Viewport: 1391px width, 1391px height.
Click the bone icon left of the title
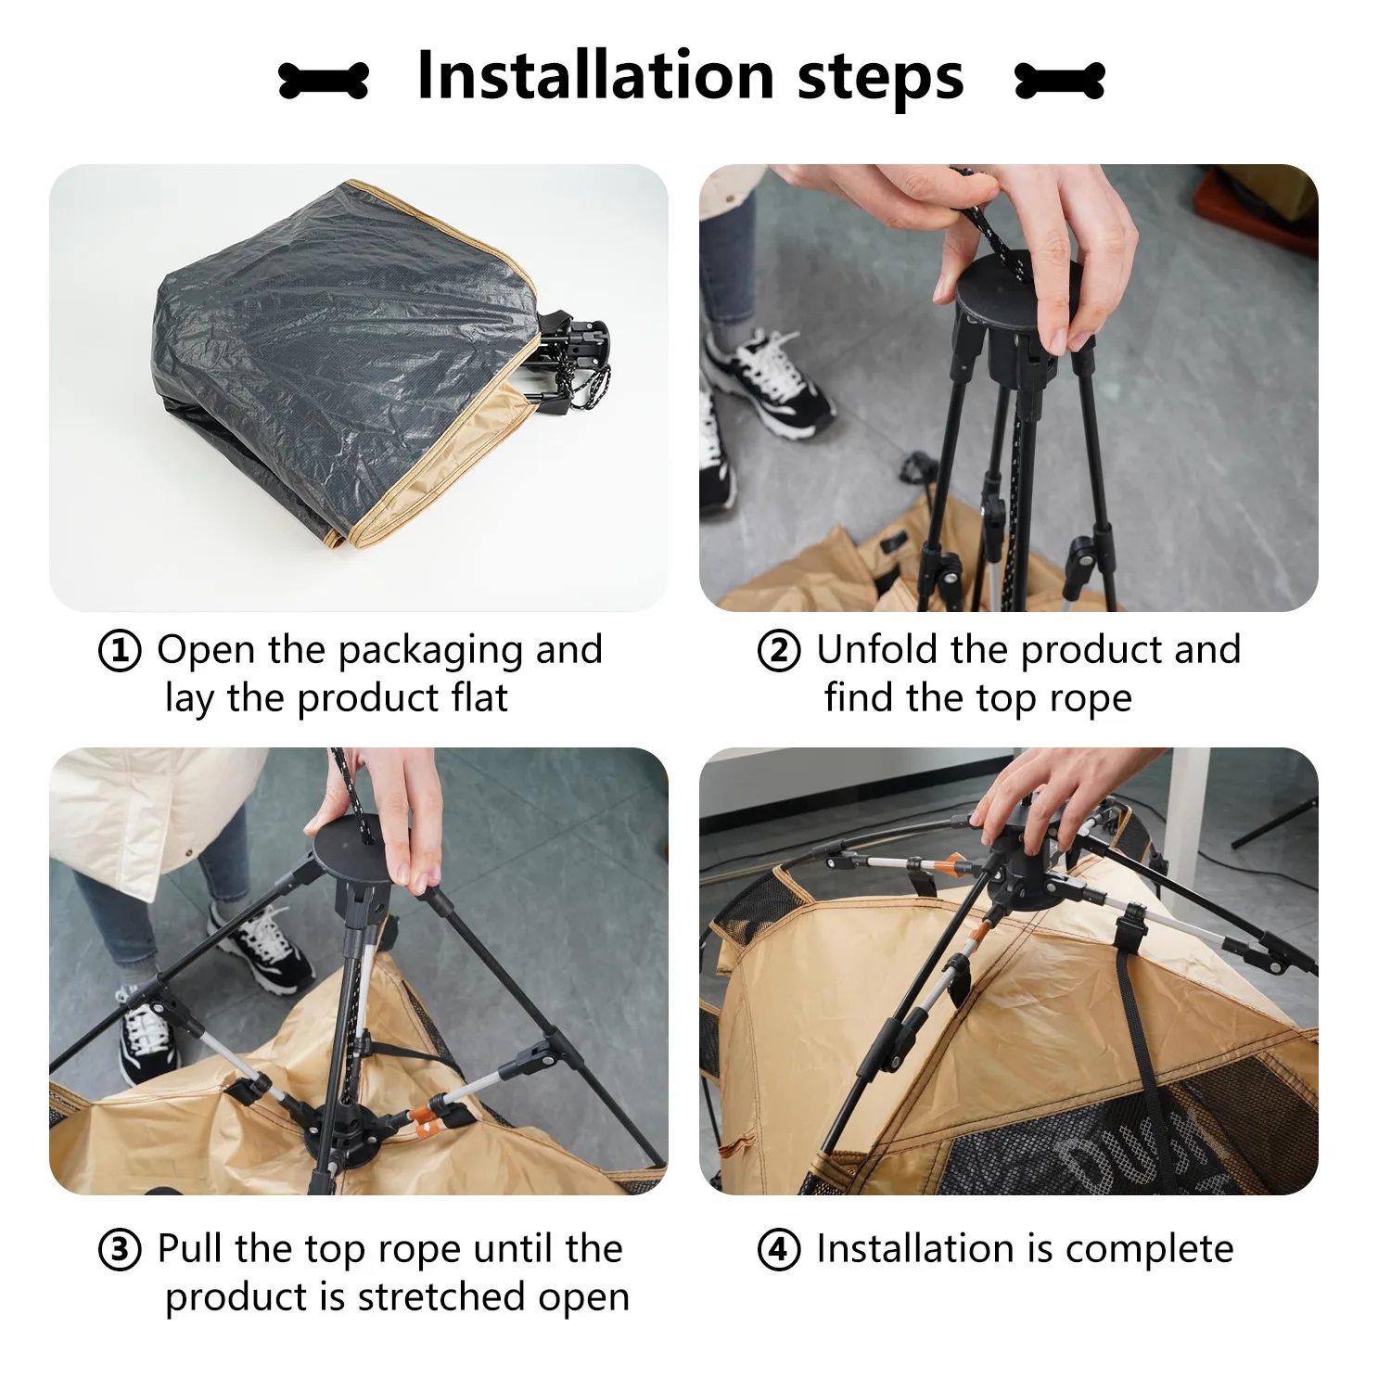pyautogui.click(x=324, y=81)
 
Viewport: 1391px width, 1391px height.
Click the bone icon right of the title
pyautogui.click(x=1060, y=81)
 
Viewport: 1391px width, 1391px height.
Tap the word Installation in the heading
pyautogui.click(x=595, y=76)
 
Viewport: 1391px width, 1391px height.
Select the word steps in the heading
pyautogui.click(x=881, y=80)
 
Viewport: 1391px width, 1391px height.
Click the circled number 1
pyautogui.click(x=120, y=651)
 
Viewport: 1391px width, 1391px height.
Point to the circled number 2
pyautogui.click(x=779, y=651)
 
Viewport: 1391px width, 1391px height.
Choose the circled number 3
pyautogui.click(x=120, y=1250)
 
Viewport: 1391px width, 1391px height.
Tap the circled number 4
pyautogui.click(x=779, y=1250)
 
